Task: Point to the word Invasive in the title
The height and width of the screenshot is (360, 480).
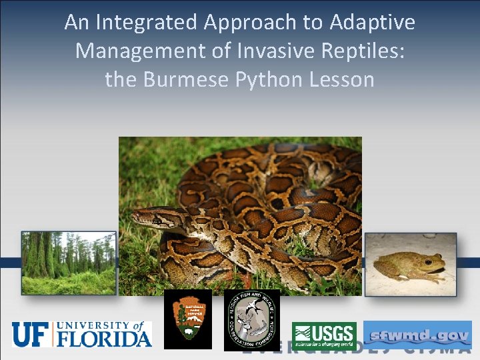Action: pos(260,51)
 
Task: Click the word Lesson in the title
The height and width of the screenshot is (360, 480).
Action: pos(342,80)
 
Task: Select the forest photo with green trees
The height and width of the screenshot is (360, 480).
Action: pos(69,263)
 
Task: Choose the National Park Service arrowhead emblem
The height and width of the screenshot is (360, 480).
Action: pos(187,319)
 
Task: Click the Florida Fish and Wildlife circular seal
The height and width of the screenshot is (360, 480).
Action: pos(252,319)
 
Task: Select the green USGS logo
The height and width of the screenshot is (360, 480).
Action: pos(324,335)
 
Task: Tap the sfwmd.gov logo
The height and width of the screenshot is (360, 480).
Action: pos(417,335)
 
